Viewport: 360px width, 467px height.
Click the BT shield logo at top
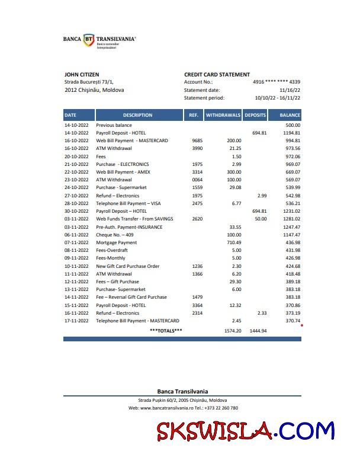point(89,40)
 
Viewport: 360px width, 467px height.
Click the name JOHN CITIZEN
point(81,74)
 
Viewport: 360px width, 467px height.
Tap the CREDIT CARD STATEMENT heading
point(217,74)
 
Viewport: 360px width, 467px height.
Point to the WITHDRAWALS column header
point(223,115)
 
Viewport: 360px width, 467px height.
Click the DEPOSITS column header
point(255,115)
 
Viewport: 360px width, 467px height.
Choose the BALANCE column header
point(290,115)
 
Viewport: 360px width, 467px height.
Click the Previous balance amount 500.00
point(292,126)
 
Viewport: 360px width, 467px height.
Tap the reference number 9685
point(198,141)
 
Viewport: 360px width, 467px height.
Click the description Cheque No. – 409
point(115,235)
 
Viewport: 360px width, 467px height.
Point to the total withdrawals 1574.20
point(233,330)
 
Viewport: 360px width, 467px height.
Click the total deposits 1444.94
point(258,330)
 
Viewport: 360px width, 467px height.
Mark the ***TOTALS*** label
point(166,330)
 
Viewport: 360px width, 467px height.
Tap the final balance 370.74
point(292,320)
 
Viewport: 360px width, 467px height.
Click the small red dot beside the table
point(302,325)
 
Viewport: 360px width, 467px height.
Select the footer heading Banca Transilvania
point(182,391)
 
